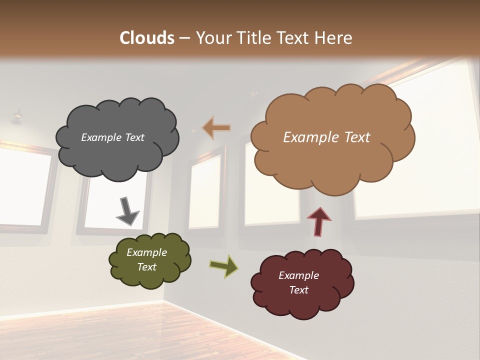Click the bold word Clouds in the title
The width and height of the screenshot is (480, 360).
click(x=147, y=37)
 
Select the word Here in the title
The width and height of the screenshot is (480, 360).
click(x=334, y=37)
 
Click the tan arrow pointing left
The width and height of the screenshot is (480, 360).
click(x=216, y=128)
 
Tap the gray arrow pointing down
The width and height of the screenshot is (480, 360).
click(x=127, y=211)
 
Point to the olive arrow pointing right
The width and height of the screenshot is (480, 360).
click(x=223, y=265)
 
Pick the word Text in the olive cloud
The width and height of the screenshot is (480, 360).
click(x=146, y=267)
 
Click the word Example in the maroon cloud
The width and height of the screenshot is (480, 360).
click(x=298, y=275)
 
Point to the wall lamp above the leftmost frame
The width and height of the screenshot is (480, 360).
click(x=18, y=115)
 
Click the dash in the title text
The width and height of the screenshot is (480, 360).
click(x=184, y=38)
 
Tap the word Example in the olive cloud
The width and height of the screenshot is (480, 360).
click(x=146, y=252)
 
